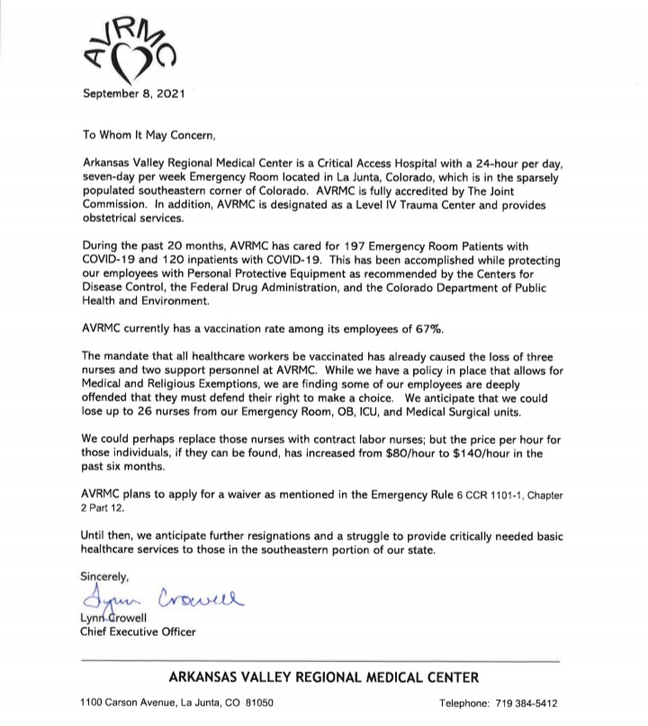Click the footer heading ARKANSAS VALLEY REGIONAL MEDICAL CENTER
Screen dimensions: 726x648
[324, 677]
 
